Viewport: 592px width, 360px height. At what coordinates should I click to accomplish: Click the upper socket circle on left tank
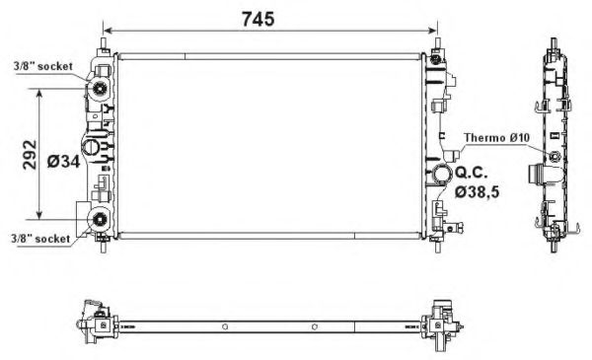101,92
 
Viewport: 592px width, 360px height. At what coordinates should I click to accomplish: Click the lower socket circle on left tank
101,219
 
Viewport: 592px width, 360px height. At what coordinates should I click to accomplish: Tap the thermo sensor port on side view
555,157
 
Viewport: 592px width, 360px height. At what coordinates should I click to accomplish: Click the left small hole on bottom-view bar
226,327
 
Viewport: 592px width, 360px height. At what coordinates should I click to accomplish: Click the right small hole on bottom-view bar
313,327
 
